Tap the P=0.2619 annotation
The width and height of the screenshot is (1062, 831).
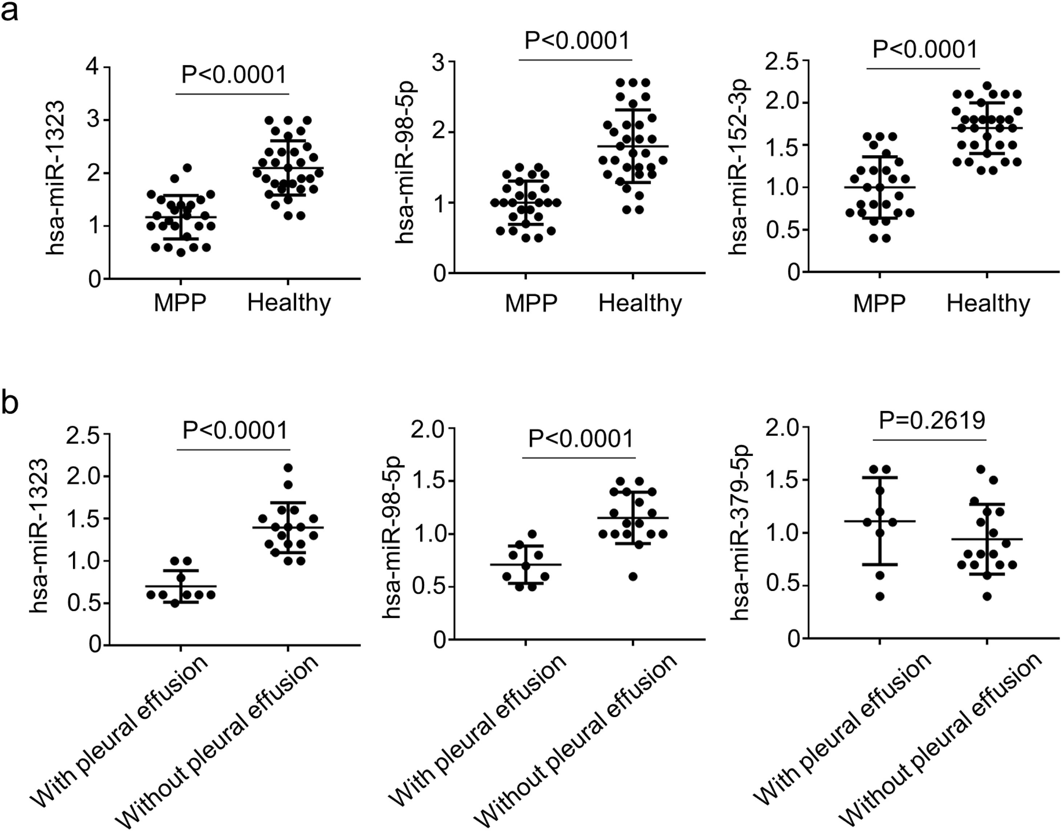pyautogui.click(x=932, y=420)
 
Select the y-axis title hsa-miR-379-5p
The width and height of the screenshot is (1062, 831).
pyautogui.click(x=740, y=533)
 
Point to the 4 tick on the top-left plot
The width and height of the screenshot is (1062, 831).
pyautogui.click(x=93, y=66)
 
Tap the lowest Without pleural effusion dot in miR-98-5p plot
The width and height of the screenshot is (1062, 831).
pyautogui.click(x=633, y=577)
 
